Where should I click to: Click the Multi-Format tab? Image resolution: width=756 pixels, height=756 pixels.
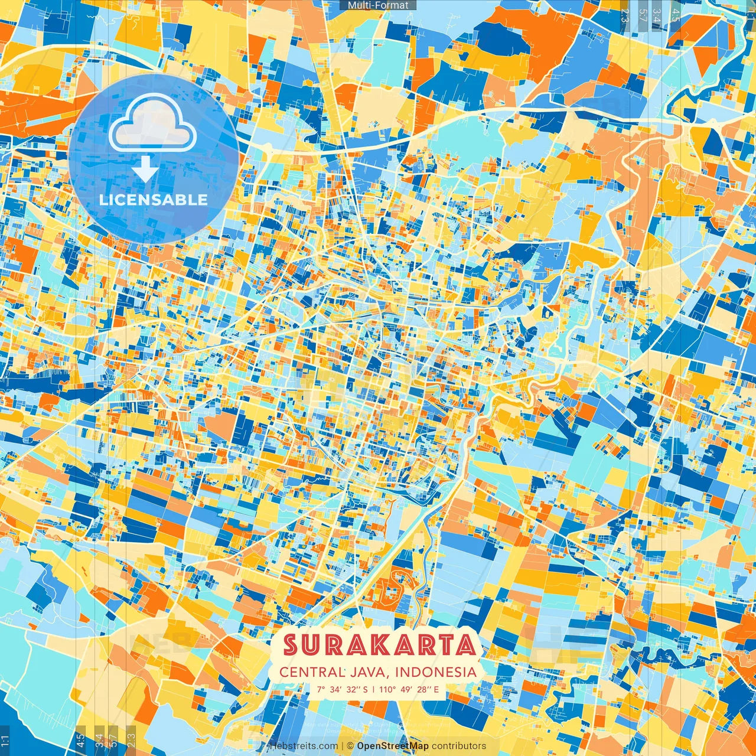[378, 5]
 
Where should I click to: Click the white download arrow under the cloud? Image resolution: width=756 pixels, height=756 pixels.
[145, 168]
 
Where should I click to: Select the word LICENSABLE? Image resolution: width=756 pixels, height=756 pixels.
[154, 200]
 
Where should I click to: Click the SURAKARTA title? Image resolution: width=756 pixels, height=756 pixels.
[380, 645]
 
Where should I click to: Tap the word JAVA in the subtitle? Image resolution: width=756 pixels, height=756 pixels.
[370, 672]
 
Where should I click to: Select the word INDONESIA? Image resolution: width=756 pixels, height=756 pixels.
[436, 672]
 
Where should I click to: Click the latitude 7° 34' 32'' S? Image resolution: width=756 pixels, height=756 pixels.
[342, 689]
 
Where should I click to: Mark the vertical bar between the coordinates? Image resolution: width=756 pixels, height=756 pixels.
[373, 689]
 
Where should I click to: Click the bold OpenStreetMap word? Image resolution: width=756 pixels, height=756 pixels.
[393, 746]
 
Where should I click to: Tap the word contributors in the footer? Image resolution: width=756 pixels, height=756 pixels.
[459, 746]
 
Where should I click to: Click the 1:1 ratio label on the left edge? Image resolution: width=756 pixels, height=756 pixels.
[5, 740]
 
